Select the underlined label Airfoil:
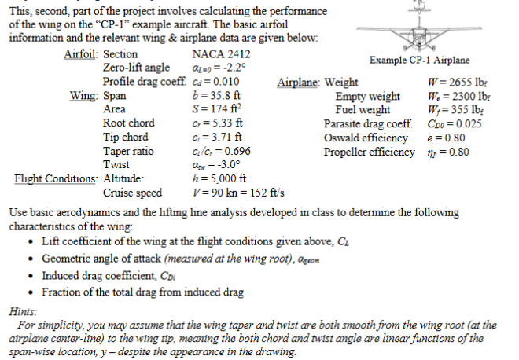pos(81,55)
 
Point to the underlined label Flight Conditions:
pos(56,178)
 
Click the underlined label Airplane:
pos(299,83)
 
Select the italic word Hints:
pos(21,310)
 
